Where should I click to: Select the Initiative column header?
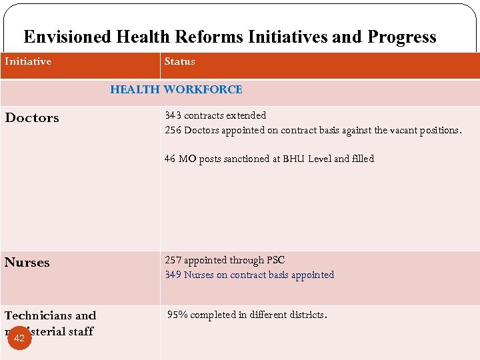28,61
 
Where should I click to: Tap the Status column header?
179,61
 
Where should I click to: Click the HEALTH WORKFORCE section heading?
176,89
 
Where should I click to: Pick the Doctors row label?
32,118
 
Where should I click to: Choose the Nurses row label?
27,263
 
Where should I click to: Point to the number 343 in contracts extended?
173,115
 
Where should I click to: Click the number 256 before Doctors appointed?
173,130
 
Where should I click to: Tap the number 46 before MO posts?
170,159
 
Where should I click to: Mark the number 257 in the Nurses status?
173,260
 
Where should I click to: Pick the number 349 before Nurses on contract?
173,275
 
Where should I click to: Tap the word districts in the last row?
308,315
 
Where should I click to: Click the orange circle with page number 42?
19,338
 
